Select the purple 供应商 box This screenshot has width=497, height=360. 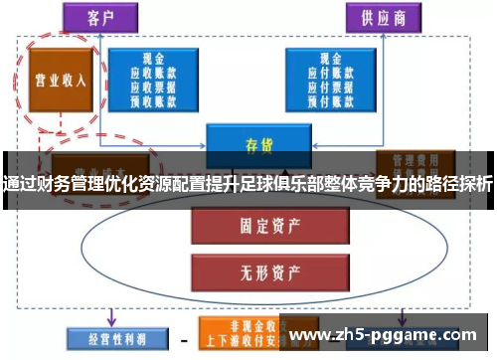378,18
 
